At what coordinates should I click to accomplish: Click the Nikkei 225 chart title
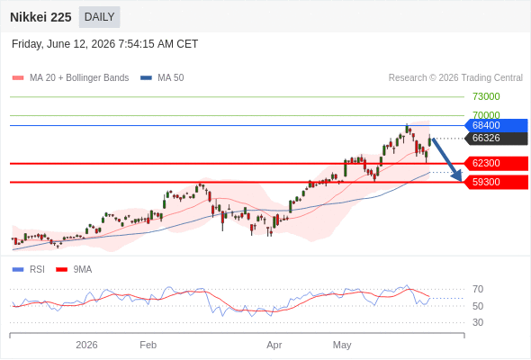(40, 17)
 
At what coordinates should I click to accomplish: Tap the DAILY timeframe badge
(100, 17)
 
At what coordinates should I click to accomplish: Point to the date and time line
(104, 44)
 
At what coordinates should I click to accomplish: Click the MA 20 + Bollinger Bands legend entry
(70, 78)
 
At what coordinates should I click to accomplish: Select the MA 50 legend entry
(162, 78)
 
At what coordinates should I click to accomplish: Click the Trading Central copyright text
(455, 78)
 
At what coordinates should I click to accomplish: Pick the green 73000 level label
(486, 97)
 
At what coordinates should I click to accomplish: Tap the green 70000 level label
(486, 115)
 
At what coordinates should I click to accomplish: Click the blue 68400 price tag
(496, 125)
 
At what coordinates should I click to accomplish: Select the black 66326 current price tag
(496, 139)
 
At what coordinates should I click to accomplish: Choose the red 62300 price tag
(496, 163)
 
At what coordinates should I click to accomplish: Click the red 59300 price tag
(496, 182)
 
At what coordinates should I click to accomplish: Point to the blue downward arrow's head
(457, 176)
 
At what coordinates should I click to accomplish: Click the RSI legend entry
(29, 270)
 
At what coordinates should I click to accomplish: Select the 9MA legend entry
(74, 270)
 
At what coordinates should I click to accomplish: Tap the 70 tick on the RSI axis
(478, 289)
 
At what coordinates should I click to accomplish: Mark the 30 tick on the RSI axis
(478, 322)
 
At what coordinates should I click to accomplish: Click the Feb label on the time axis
(148, 345)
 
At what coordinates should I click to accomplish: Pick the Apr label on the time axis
(274, 346)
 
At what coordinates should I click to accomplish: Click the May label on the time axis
(342, 346)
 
